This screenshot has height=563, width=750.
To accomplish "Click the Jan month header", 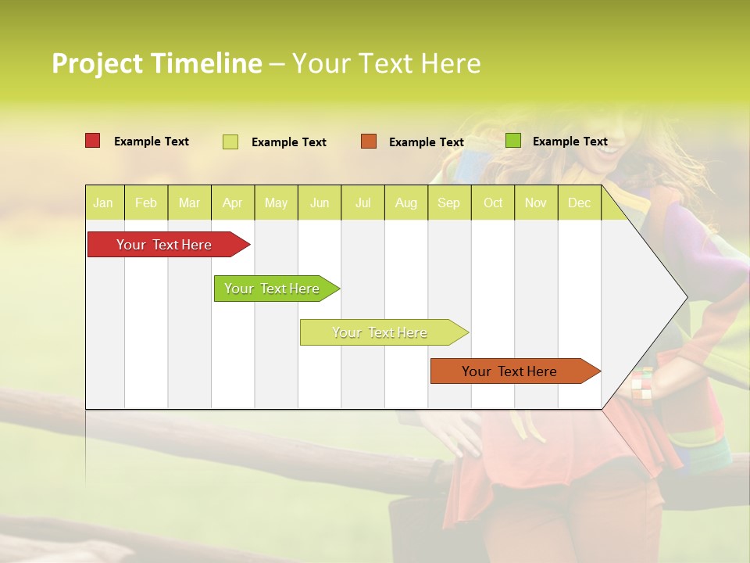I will [103, 203].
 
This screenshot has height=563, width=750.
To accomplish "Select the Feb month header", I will [146, 203].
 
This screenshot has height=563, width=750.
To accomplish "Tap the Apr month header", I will [232, 203].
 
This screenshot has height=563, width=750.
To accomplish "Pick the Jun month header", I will [320, 203].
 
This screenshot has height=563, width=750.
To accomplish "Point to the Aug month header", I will [405, 203].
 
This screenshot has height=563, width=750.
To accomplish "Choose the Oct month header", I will [493, 203].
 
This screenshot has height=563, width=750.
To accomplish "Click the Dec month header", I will [579, 203].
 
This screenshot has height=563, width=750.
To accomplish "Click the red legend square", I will [93, 141].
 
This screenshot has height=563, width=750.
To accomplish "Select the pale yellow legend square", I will [230, 142].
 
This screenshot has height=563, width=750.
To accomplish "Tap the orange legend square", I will [369, 142].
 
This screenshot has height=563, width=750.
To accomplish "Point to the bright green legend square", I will [513, 141].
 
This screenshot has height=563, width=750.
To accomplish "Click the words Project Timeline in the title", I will [156, 63].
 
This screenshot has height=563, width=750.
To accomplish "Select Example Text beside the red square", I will [152, 142].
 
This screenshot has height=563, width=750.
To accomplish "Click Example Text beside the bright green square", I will [570, 142].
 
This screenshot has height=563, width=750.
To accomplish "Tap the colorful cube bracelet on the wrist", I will [641, 385].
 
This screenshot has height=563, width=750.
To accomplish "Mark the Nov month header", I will [536, 203].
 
